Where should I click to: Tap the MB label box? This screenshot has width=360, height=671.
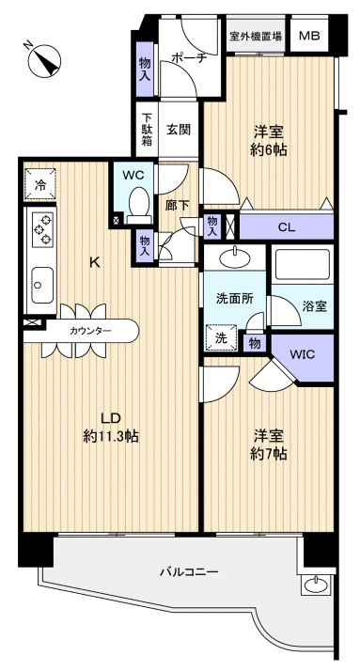click(308, 37)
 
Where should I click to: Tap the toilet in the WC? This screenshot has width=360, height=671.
click(138, 202)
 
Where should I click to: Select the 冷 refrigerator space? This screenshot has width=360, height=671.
click(39, 185)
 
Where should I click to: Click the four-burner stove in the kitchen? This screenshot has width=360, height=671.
click(42, 229)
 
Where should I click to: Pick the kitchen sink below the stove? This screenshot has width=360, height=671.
click(42, 280)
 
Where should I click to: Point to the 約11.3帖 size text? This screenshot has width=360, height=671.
click(110, 436)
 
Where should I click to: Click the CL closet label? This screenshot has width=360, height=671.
click(286, 226)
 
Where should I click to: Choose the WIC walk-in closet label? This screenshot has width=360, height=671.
click(303, 354)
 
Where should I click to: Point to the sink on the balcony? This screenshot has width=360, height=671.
click(315, 585)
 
